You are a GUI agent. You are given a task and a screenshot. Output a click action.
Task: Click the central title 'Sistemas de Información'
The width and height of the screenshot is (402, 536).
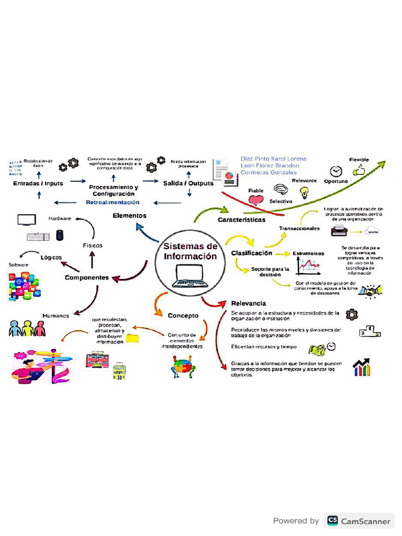(190, 251)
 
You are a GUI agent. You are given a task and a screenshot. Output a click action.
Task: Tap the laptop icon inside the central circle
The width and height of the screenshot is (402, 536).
(189, 276)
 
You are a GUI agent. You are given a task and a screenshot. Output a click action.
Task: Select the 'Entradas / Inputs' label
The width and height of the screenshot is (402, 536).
(38, 184)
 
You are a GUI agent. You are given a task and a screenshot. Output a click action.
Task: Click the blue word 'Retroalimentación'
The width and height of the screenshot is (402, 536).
(113, 202)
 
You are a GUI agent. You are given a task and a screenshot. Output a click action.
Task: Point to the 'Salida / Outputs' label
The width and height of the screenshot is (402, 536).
(188, 184)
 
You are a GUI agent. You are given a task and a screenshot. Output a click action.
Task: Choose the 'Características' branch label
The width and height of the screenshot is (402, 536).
(241, 220)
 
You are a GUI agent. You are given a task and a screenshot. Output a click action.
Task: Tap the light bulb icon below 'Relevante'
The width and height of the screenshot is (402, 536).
(304, 193)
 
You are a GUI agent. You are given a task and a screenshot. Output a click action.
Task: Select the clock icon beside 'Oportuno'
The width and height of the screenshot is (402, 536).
(336, 171)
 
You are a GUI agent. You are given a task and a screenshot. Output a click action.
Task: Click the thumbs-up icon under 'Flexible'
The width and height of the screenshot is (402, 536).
(359, 170)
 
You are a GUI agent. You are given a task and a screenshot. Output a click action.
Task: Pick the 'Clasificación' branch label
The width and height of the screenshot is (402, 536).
(252, 253)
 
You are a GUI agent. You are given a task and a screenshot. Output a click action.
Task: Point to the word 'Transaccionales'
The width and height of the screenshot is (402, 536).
(299, 228)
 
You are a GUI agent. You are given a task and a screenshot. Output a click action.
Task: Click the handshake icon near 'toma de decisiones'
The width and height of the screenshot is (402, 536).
(373, 291)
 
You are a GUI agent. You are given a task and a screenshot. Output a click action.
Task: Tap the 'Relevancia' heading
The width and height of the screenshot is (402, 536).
(249, 303)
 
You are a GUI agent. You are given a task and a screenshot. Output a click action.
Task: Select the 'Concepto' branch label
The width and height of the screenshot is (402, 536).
(183, 316)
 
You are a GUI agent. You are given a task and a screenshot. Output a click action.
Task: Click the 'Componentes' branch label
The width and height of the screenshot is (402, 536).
(87, 277)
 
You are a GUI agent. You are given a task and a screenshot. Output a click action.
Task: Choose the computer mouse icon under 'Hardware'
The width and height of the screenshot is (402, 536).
(60, 235)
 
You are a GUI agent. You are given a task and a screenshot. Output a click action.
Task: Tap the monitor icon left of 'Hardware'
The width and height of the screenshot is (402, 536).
(26, 219)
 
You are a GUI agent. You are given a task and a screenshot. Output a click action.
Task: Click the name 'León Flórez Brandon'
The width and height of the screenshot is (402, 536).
(270, 165)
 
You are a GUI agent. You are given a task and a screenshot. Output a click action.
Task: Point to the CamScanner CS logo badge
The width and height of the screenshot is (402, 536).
(332, 520)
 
